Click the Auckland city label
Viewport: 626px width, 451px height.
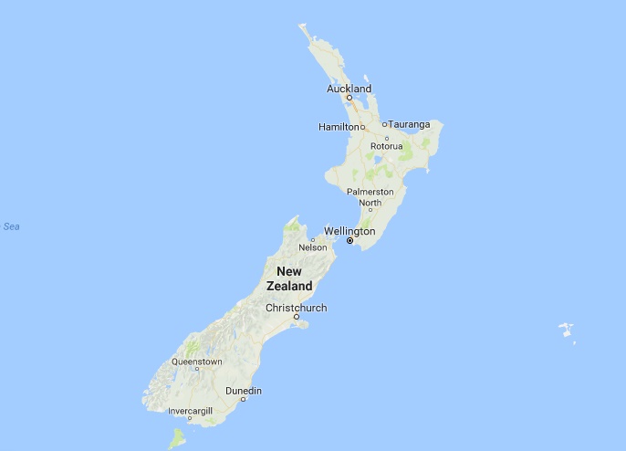[x=350, y=89]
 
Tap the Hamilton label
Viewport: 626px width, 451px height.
[x=338, y=126]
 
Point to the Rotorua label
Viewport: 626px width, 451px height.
[x=386, y=146]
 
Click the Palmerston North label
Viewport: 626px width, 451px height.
[x=370, y=197]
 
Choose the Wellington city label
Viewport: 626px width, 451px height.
[x=350, y=231]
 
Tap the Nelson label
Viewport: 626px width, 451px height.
[x=313, y=247]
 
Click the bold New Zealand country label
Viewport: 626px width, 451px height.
[x=289, y=278]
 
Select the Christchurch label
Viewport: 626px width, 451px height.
[x=296, y=308]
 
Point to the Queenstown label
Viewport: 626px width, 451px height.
[x=196, y=362]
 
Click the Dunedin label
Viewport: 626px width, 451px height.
[x=244, y=391]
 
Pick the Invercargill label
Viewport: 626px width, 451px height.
[x=189, y=412]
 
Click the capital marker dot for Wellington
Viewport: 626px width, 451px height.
[x=350, y=241]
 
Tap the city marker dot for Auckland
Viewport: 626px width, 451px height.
[x=349, y=98]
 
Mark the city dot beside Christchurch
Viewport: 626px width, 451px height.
[x=296, y=317]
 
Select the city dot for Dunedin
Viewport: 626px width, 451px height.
[x=243, y=400]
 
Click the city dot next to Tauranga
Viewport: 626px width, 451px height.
[x=384, y=124]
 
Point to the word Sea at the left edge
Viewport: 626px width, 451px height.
[x=11, y=226]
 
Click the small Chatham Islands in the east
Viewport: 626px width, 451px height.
[x=567, y=330]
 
